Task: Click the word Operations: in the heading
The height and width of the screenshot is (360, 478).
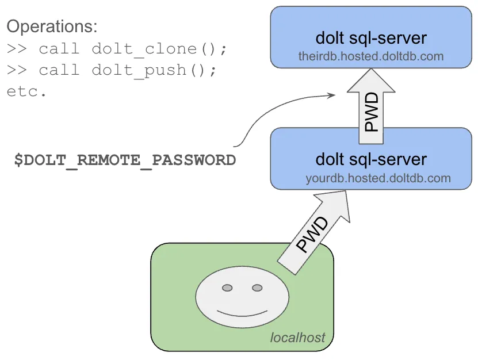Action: point(52,26)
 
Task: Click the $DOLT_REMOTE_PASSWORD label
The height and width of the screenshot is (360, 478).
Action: point(125,160)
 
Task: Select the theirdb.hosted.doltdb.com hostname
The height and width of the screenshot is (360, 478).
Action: point(371,56)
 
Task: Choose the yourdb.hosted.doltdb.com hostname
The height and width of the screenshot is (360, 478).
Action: point(378,178)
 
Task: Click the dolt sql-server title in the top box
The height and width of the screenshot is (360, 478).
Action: point(371,38)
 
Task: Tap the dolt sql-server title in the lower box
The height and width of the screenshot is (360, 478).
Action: point(371,159)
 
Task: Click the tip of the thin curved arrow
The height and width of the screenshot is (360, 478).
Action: point(335,95)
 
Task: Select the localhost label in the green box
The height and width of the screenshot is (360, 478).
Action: point(297,337)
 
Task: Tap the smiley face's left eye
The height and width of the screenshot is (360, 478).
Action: point(227,287)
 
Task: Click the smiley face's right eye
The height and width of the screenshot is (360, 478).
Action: point(257,287)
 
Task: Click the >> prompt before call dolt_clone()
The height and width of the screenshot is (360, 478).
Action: point(17,49)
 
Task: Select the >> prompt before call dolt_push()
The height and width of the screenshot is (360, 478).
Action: point(17,71)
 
